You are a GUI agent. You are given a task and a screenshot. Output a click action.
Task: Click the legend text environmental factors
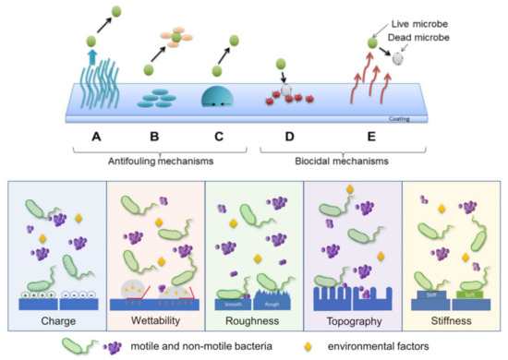382,347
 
